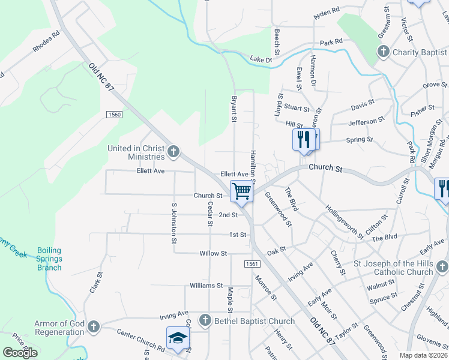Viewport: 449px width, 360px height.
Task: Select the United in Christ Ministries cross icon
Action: tap(173, 151)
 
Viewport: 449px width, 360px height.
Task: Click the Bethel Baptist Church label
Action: tap(255, 321)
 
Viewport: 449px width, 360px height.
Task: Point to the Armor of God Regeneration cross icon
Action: tap(92, 327)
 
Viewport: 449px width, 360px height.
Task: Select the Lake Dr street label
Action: tap(261, 59)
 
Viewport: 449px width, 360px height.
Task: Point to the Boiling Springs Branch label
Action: tap(49, 259)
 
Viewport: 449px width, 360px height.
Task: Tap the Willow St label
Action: tap(213, 254)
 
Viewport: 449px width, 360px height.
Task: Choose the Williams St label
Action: tap(206, 286)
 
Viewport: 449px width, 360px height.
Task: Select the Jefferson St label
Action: tap(366, 122)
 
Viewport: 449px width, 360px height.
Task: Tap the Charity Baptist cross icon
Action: tap(384, 52)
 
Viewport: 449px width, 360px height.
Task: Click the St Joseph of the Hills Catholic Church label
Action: tap(393, 268)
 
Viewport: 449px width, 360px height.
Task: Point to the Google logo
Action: tap(20, 352)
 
